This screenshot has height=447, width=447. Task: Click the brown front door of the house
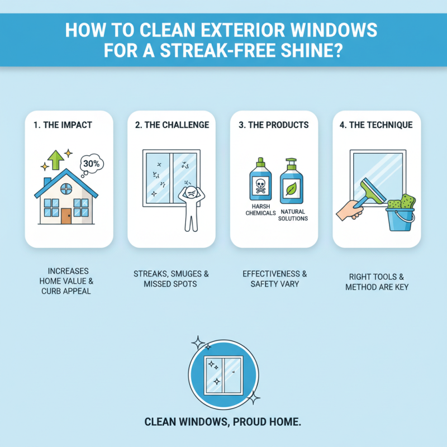66,215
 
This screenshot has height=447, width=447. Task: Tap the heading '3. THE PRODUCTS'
273,125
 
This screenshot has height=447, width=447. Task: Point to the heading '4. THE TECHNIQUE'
377,125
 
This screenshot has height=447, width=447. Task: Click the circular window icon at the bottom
223,373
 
